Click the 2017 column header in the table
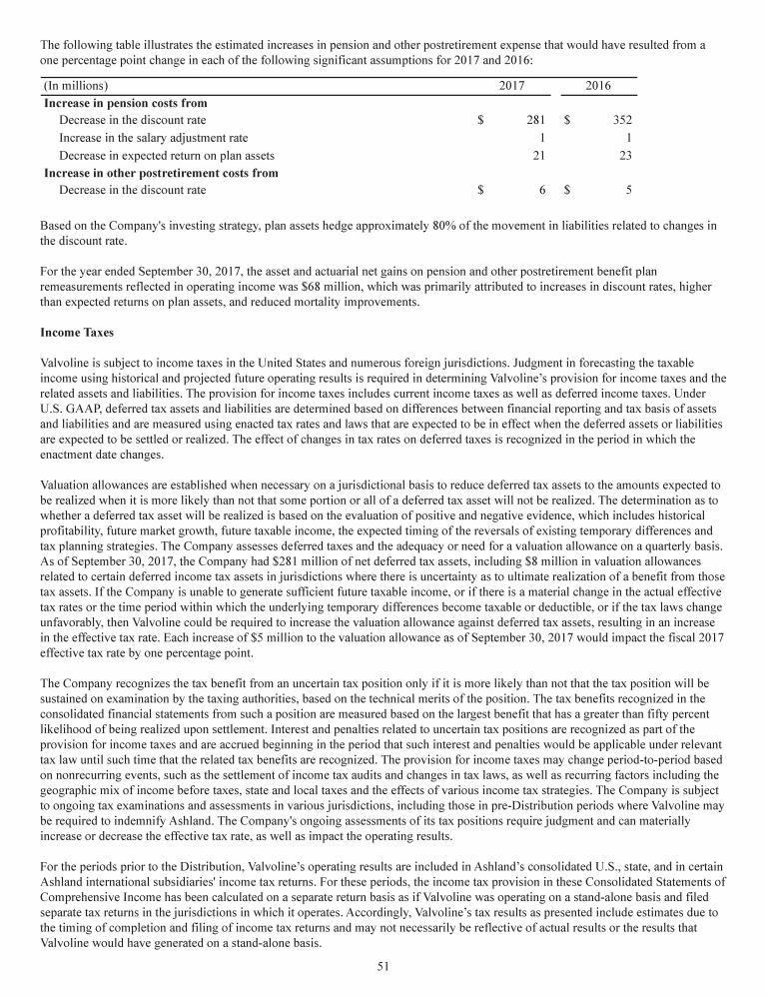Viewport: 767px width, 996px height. (x=511, y=86)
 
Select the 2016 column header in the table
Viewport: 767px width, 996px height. (x=597, y=86)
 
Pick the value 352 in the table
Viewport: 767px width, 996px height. (x=621, y=120)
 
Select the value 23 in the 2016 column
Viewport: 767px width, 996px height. (x=624, y=155)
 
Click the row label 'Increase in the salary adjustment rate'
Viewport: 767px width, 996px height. (x=153, y=138)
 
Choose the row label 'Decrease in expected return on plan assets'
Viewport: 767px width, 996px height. (x=166, y=155)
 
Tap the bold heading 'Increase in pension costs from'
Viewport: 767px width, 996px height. (x=132, y=103)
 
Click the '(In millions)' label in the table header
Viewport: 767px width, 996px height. (x=77, y=86)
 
